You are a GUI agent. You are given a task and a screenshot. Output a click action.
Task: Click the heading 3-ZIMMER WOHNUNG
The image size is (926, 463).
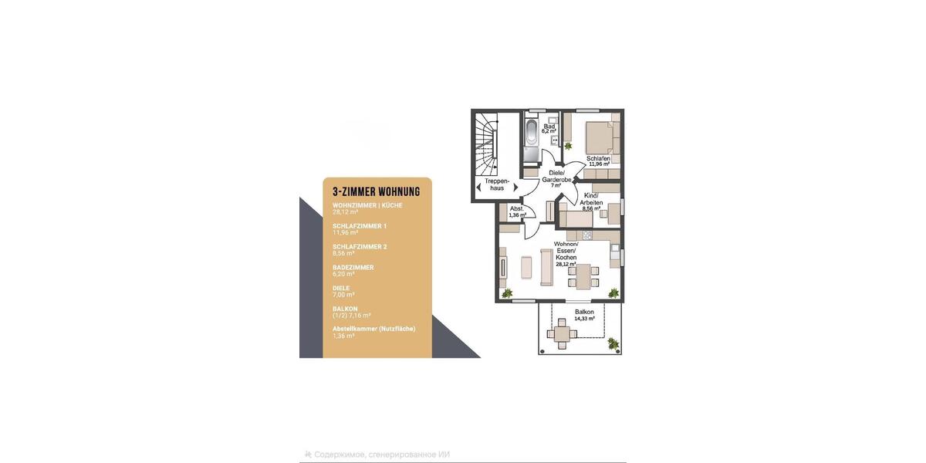coord(375,191)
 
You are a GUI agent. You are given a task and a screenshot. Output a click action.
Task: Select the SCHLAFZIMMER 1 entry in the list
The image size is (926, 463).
coord(360,226)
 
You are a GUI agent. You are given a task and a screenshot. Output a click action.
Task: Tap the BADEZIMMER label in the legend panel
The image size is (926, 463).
coord(353,267)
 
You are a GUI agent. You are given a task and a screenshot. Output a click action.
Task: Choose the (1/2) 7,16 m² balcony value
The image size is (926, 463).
coord(352,316)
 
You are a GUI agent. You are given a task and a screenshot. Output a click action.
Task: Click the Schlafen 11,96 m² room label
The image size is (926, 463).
coord(599,161)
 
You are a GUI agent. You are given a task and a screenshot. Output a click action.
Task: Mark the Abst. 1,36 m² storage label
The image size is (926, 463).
coord(517,211)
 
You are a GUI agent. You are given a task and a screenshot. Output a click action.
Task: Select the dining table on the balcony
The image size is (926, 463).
coord(560,334)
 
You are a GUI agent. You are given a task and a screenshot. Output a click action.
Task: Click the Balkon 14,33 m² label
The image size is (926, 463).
coord(584,314)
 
